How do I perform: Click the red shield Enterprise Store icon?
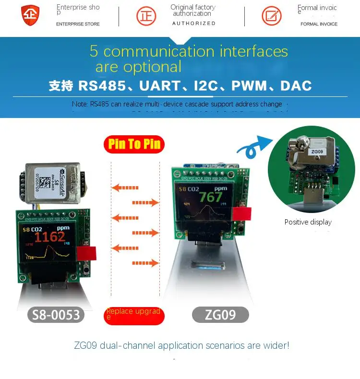pos(30,15)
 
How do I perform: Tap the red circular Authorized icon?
pos(146,16)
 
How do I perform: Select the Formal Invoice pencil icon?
pos(272,16)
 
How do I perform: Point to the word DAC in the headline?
pos(296,86)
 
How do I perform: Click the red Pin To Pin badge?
pos(134,144)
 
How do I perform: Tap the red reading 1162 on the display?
pos(50,237)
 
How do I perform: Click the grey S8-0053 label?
pos(57,315)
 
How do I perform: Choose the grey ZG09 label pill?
pos(220,315)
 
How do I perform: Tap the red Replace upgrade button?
pos(134,315)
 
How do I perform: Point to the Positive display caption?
pos(308,222)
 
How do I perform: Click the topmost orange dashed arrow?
pos(121,187)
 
